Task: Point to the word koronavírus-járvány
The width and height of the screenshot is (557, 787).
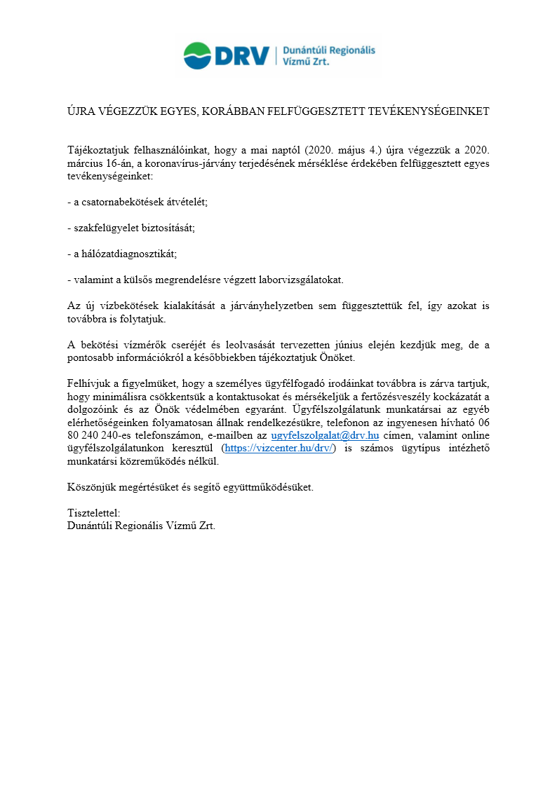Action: [x=184, y=163]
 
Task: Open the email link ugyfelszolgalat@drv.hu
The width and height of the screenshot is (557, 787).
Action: [x=325, y=435]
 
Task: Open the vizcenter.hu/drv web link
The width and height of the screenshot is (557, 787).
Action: [x=279, y=448]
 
